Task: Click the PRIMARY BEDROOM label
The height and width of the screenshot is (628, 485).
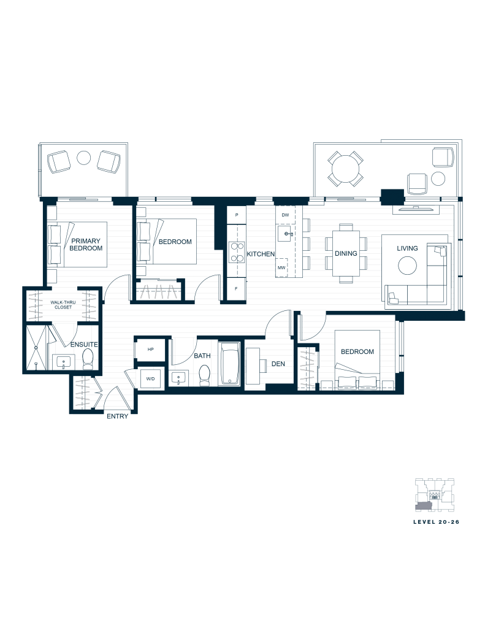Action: [86, 244]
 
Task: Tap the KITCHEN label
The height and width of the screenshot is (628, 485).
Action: [261, 254]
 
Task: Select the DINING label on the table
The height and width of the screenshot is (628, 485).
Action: [346, 253]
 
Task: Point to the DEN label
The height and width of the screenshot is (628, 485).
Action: [278, 364]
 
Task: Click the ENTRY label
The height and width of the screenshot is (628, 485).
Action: [117, 416]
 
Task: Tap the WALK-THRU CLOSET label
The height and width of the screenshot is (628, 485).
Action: [63, 305]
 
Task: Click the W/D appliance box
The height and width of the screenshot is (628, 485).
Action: [151, 378]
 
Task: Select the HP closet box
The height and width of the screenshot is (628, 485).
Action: [151, 350]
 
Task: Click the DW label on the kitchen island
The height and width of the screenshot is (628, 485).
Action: [285, 215]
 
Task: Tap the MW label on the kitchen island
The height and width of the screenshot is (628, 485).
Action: [281, 267]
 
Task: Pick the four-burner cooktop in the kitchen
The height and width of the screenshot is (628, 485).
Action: [237, 252]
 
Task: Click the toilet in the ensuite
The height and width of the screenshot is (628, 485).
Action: [87, 358]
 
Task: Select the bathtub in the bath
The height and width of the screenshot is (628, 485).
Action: [229, 364]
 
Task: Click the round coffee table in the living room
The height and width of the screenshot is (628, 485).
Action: [407, 265]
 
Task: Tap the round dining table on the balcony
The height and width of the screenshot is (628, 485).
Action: [345, 168]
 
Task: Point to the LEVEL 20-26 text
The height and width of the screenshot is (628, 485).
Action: [436, 522]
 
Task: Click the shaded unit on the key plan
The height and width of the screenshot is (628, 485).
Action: [424, 506]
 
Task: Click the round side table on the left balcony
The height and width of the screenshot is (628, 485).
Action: [84, 158]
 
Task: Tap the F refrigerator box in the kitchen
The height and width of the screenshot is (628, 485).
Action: [236, 288]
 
